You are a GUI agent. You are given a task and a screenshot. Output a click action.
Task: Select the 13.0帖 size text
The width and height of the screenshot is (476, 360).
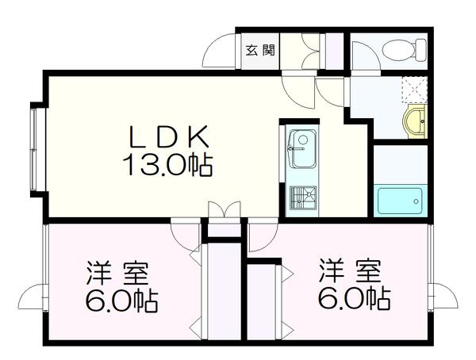pos(167,165)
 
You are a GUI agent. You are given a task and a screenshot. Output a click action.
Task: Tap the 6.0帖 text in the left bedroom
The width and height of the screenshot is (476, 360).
pos(121,302)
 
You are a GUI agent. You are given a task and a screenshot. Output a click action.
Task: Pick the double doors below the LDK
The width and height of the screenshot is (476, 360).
pos(223,212)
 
